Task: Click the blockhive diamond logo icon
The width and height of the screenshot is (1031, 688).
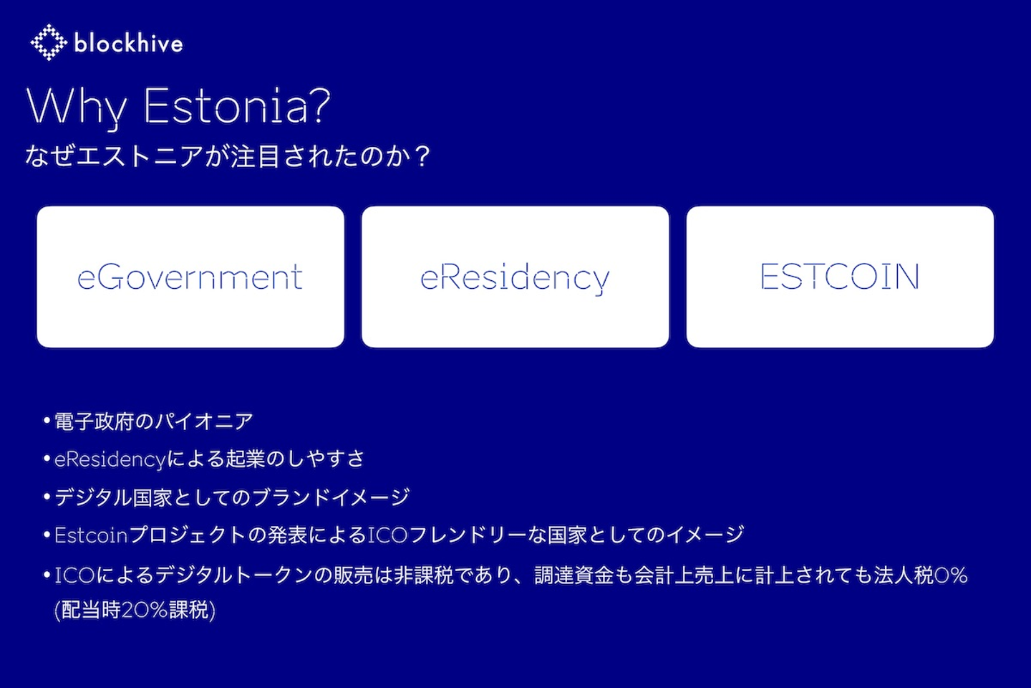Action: [49, 42]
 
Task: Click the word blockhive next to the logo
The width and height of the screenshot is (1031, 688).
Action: [128, 44]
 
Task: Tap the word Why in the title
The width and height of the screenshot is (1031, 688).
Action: [77, 107]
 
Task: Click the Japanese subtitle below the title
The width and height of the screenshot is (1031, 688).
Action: [228, 156]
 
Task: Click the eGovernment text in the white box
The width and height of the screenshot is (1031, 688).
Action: [190, 277]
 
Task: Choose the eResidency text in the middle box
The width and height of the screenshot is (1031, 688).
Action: [515, 278]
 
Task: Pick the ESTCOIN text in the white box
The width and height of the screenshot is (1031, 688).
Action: [840, 277]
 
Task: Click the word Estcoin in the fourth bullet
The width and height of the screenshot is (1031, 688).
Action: [91, 535]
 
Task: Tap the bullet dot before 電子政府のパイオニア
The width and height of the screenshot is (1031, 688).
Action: [47, 420]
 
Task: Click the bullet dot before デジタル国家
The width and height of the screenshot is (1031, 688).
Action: [47, 497]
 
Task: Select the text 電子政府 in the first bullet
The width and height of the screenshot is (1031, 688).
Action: [94, 421]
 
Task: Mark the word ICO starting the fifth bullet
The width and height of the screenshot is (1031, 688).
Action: [74, 575]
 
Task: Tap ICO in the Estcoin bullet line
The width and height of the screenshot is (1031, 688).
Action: [387, 535]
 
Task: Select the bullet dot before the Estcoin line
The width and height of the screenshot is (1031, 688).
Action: [47, 535]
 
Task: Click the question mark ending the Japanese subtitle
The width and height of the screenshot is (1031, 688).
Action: [422, 156]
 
